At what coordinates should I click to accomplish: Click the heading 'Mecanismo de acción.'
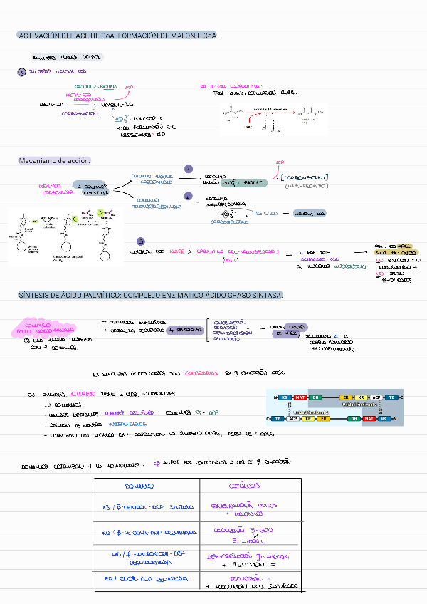pyautogui.click(x=54, y=161)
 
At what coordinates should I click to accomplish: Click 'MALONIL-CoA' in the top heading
pyautogui.click(x=192, y=36)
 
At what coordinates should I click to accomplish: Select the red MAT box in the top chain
pyautogui.click(x=300, y=397)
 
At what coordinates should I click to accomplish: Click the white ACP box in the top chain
pyautogui.click(x=376, y=397)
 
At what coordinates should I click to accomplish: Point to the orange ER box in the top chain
pyautogui.click(x=347, y=397)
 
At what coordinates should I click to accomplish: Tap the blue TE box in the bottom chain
pyautogui.click(x=278, y=419)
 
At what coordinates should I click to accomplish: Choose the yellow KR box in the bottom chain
pyautogui.click(x=309, y=419)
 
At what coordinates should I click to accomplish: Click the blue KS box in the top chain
pyautogui.click(x=285, y=397)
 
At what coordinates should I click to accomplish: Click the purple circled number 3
pyautogui.click(x=140, y=241)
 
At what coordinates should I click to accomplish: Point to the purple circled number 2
pyautogui.click(x=188, y=196)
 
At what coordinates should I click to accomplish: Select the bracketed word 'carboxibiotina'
pyautogui.click(x=304, y=177)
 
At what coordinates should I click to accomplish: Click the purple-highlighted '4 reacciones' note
pyautogui.click(x=184, y=330)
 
